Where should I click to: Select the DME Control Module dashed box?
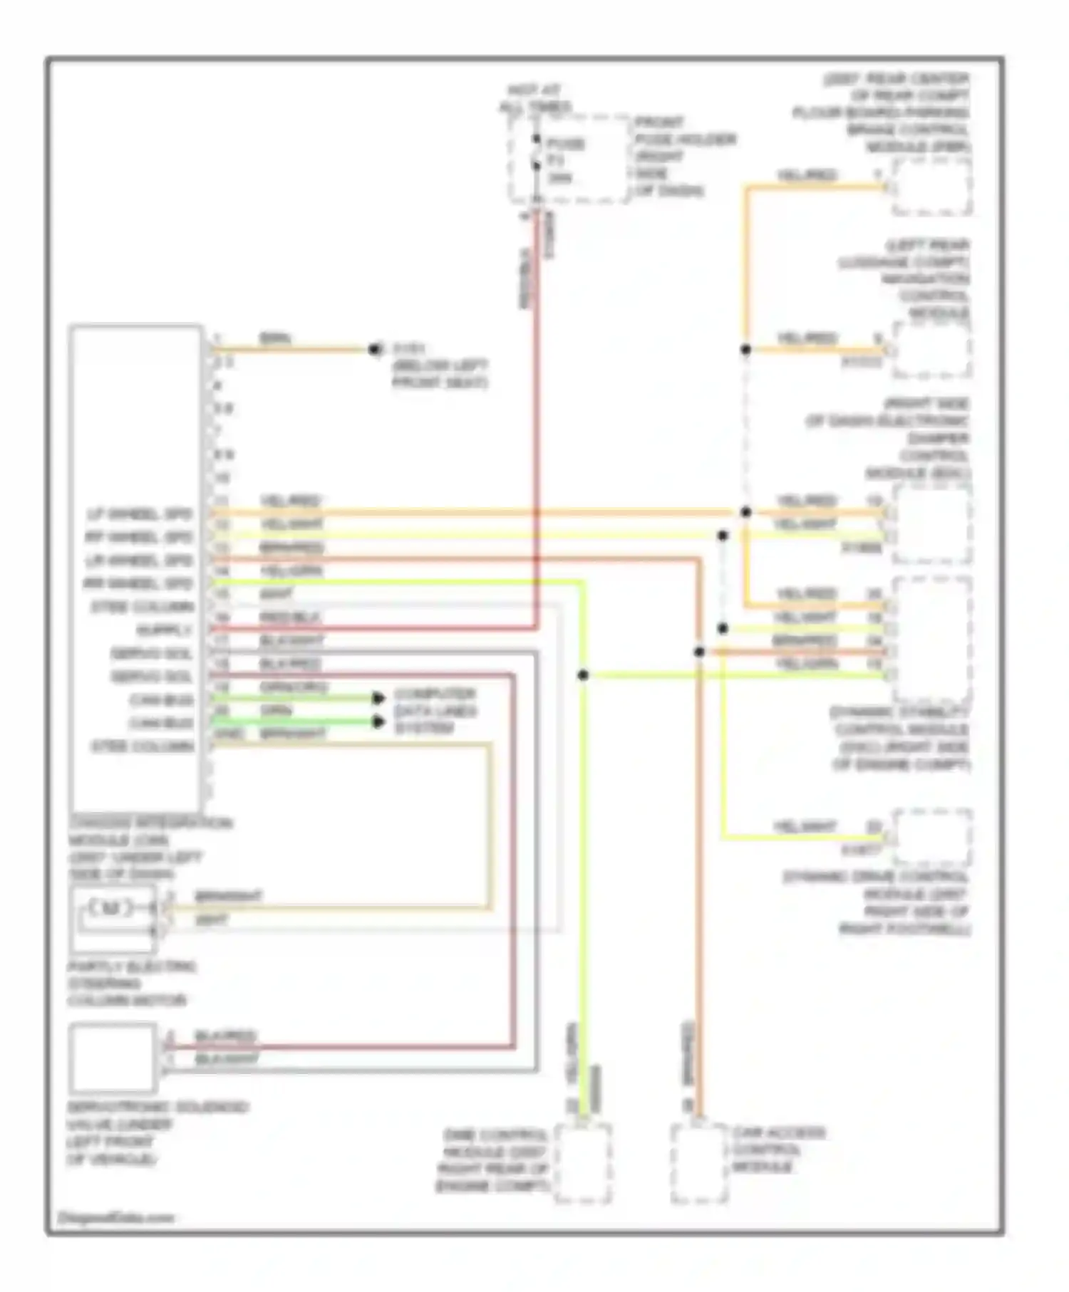point(582,1163)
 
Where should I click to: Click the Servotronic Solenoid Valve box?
point(113,1058)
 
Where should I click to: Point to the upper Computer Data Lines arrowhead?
point(378,698)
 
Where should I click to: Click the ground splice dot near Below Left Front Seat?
point(373,350)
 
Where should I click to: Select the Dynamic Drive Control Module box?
point(932,837)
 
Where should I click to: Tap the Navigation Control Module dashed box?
point(932,350)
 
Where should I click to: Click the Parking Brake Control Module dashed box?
point(932,187)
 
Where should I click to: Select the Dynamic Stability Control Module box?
point(932,640)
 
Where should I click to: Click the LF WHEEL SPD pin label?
point(140,514)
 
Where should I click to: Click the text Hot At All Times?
point(534,99)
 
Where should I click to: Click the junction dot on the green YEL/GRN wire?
point(583,674)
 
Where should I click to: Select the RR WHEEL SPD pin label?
point(138,584)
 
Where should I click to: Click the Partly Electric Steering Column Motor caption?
point(132,984)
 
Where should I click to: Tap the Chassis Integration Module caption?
point(150,848)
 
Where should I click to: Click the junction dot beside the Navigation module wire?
point(745,350)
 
